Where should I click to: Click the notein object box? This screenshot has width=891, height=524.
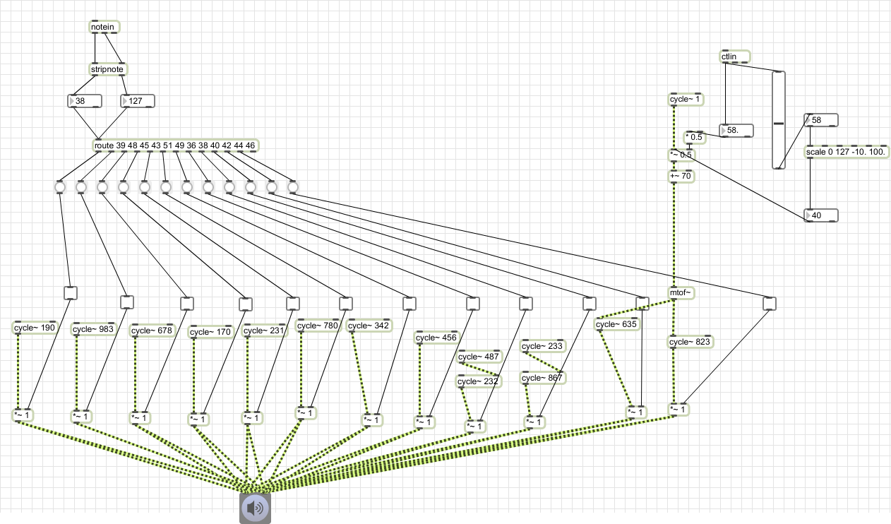click(104, 27)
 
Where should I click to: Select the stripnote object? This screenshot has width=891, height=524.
click(107, 69)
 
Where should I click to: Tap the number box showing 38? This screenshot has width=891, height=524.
click(85, 101)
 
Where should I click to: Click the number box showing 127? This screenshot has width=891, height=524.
click(138, 101)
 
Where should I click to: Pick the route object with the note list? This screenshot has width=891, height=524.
click(175, 145)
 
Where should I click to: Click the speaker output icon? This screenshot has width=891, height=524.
click(255, 508)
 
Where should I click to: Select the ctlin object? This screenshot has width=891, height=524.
click(735, 56)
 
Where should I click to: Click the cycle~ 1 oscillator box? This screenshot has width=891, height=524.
click(686, 99)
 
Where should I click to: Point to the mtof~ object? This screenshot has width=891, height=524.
click(681, 293)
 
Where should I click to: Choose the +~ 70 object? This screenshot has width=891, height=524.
click(681, 176)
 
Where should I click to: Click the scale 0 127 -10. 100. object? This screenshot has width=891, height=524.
click(847, 152)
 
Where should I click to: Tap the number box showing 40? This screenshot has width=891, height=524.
click(821, 215)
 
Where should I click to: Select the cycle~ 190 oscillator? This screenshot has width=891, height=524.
click(35, 328)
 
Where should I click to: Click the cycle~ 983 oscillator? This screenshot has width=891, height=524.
click(93, 329)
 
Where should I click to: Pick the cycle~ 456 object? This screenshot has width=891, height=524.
click(437, 338)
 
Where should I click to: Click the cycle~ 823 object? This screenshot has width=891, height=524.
click(690, 342)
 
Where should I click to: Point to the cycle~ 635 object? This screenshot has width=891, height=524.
click(617, 324)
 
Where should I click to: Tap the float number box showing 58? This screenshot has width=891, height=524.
click(736, 131)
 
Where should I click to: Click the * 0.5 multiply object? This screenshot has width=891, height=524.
click(694, 137)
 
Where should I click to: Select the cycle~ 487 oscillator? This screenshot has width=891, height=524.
click(479, 357)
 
